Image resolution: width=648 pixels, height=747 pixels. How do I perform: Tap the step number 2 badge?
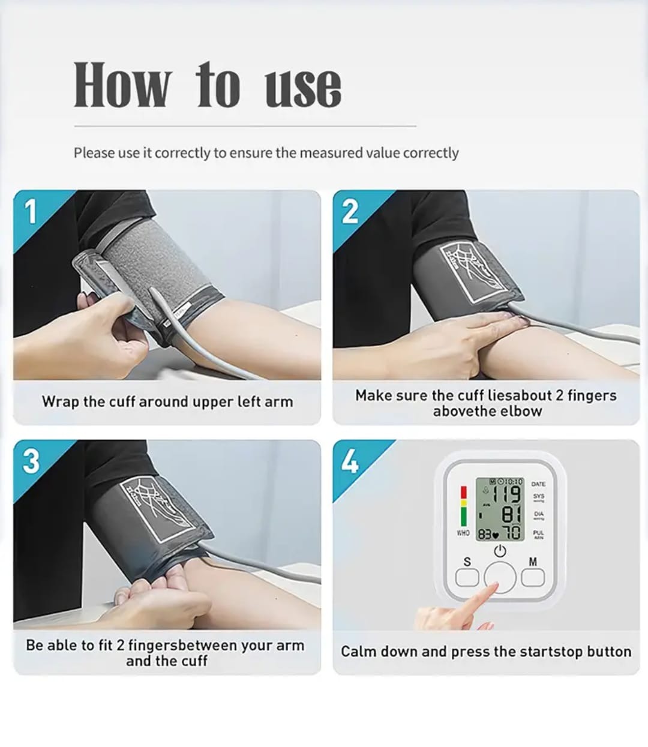pos(350,211)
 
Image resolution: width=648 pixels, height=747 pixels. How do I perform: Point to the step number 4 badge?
pos(350,461)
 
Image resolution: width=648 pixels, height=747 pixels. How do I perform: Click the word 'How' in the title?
pos(122,85)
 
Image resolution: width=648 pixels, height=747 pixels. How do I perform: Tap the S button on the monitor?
pos(467,577)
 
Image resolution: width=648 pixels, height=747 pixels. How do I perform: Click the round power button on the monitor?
pos(500,578)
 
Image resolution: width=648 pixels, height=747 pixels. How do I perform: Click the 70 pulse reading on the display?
pos(512,533)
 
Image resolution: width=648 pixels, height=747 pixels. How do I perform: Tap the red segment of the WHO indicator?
pos(463,492)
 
